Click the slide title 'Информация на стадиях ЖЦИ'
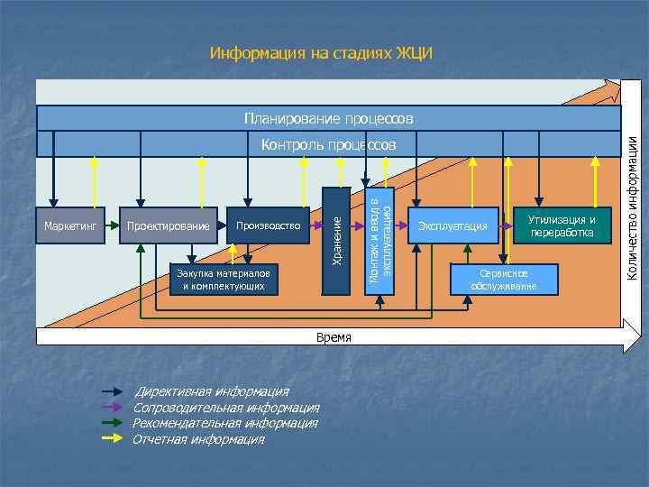[321, 53]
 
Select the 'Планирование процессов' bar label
[329, 118]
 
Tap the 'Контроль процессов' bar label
[328, 145]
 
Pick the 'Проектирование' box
[169, 225]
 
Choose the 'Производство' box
[268, 225]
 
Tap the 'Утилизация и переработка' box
[562, 225]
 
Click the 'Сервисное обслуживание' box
[503, 280]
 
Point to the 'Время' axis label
[334, 337]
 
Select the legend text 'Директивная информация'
[213, 392]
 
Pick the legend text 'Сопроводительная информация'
[225, 409]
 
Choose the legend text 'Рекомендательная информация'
[224, 424]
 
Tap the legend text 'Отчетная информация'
[198, 440]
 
